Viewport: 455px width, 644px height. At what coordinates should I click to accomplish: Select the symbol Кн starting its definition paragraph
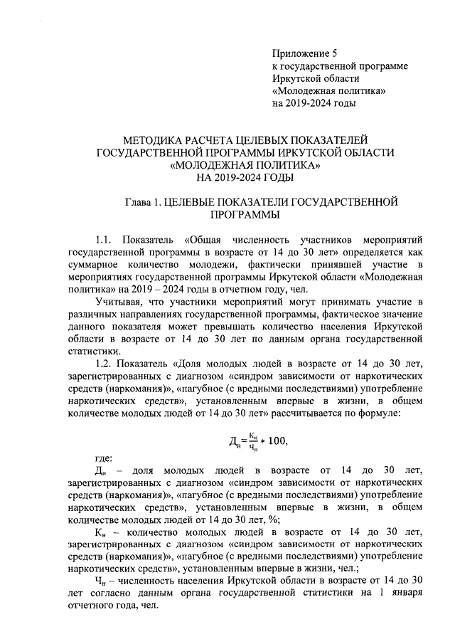(x=102, y=531)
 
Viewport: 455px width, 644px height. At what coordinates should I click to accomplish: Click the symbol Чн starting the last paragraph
(x=101, y=581)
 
